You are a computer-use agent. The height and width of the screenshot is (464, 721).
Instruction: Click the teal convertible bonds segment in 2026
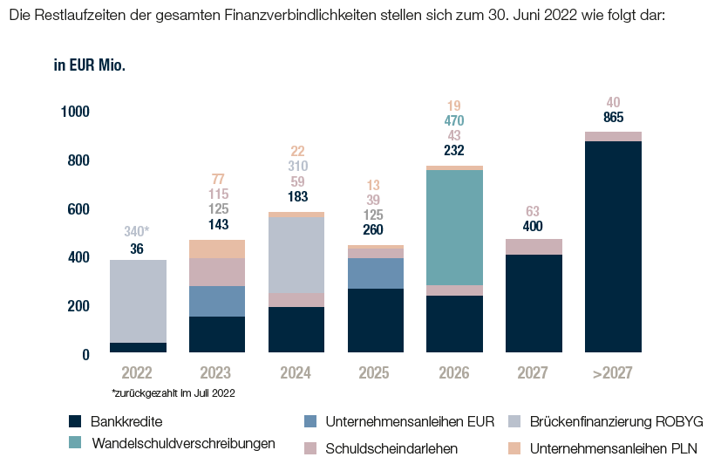coord(454,227)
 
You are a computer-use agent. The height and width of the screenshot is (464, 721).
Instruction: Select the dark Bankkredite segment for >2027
coord(612,246)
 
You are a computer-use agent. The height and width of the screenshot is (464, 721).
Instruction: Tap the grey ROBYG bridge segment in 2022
coord(138,301)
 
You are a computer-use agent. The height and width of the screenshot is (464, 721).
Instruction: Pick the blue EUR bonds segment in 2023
coord(217,301)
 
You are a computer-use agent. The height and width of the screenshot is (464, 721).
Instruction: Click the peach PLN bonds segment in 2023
coord(217,249)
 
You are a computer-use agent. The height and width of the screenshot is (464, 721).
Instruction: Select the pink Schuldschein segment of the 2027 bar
coord(534,247)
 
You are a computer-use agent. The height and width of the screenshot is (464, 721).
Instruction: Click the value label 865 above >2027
coord(613,118)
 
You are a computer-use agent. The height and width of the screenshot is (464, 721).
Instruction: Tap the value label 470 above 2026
coord(454,121)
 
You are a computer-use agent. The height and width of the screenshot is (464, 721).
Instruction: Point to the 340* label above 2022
coord(138,232)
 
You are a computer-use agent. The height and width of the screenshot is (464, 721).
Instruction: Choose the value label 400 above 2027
coord(534,227)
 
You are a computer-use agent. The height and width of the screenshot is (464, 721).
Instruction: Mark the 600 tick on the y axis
coord(78,209)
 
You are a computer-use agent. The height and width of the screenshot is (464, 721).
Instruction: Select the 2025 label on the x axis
coord(375,373)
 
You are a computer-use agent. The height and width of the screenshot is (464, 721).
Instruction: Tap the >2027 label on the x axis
coord(612,373)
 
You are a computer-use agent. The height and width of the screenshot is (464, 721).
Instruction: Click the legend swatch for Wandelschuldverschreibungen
coord(79,443)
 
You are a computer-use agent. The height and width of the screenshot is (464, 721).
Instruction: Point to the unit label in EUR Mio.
coord(90,65)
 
